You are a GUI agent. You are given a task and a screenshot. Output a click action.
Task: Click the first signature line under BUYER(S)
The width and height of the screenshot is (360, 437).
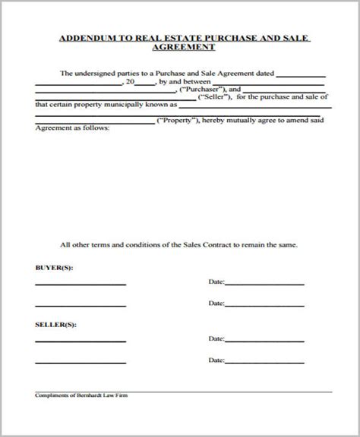pyautogui.click(x=80, y=285)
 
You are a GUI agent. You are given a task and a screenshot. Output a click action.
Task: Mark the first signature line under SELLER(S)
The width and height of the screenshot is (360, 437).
pyautogui.click(x=80, y=341)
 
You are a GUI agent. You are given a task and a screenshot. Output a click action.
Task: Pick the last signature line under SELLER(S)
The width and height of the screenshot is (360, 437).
pyautogui.click(x=80, y=360)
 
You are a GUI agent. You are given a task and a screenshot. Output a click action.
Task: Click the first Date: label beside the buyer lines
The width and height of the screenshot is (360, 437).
pyautogui.click(x=216, y=283)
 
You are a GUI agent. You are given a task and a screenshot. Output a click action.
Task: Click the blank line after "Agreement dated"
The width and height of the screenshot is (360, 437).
pyautogui.click(x=302, y=75)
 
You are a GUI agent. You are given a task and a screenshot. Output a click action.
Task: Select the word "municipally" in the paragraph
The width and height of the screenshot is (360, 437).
pyautogui.click(x=117, y=107)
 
